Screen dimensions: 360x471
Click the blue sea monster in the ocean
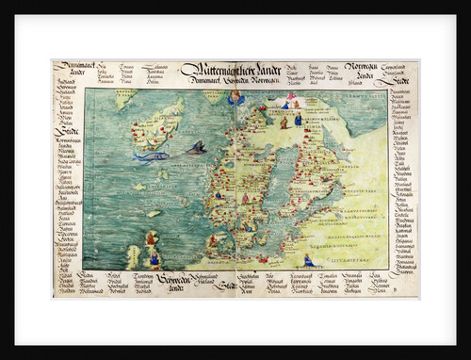(150, 155)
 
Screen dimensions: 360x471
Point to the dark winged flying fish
(196, 147)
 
